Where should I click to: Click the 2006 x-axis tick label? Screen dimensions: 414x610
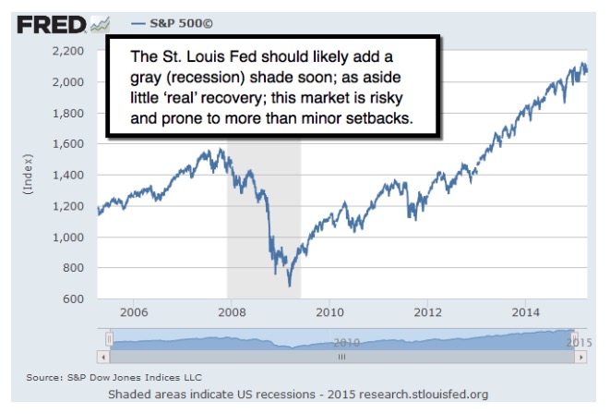coord(135,312)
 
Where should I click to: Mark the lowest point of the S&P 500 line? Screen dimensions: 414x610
coord(289,286)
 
